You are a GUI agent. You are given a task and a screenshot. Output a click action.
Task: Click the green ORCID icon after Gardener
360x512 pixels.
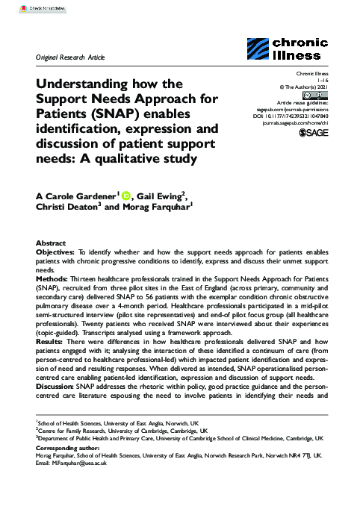(x=127, y=196)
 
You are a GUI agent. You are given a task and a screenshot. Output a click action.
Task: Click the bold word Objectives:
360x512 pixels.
(x=58, y=253)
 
